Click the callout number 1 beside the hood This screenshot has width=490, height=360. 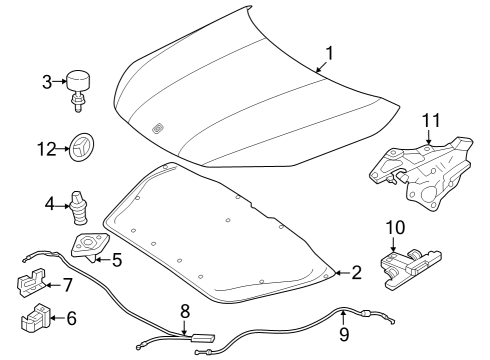(x=329, y=54)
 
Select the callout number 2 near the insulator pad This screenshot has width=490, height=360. (x=356, y=273)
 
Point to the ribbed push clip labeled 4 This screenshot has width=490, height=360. (x=79, y=208)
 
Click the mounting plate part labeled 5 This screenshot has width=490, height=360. (x=90, y=247)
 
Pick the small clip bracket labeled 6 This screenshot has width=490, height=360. (x=35, y=318)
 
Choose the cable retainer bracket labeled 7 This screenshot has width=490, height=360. (x=31, y=282)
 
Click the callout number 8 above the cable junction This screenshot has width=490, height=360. (x=185, y=311)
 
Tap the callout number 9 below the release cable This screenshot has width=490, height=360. (x=344, y=334)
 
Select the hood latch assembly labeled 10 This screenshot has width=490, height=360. (x=411, y=267)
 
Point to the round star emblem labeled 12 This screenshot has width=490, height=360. (x=82, y=147)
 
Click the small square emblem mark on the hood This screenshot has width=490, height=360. (x=157, y=129)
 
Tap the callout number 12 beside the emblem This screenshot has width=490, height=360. (x=47, y=149)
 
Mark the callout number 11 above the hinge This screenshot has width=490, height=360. (x=431, y=120)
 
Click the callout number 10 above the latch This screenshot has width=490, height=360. (x=395, y=227)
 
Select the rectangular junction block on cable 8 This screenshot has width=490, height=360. (x=202, y=338)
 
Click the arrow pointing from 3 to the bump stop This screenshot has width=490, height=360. (x=60, y=81)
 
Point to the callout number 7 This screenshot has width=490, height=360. (x=68, y=285)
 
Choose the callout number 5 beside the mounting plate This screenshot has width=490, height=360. (x=117, y=260)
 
